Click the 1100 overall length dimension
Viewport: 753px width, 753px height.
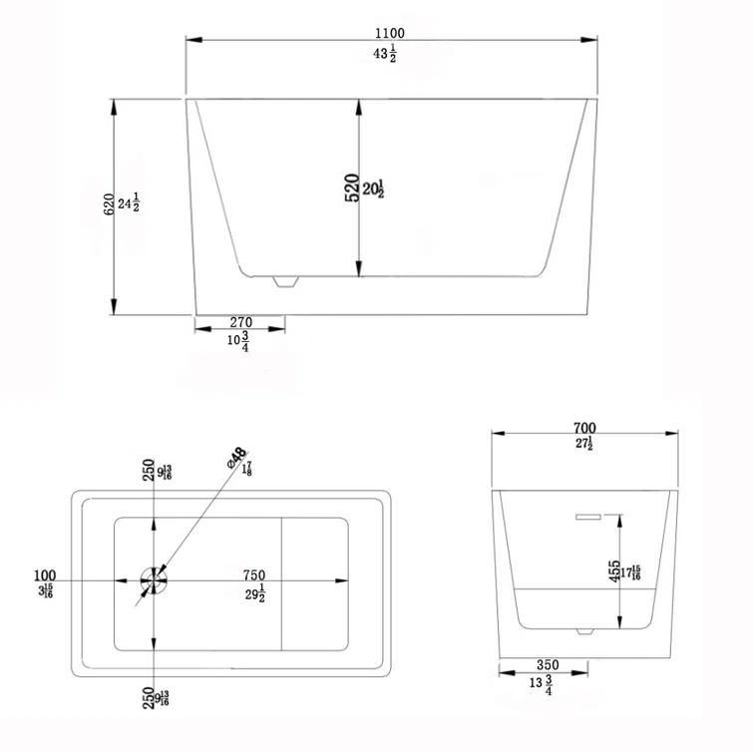coord(392,32)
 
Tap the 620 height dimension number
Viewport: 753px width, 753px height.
coord(107,203)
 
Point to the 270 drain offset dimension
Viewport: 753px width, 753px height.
coord(240,322)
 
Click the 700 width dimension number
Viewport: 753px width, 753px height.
coord(584,428)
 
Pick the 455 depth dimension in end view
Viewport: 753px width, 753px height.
coord(614,572)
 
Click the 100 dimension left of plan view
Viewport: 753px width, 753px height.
coord(44,575)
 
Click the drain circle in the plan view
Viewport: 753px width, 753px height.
coord(154,577)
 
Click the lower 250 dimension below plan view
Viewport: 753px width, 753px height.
coord(148,697)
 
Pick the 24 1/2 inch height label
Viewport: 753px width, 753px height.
coord(128,203)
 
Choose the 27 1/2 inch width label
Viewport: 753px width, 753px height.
coord(584,445)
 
